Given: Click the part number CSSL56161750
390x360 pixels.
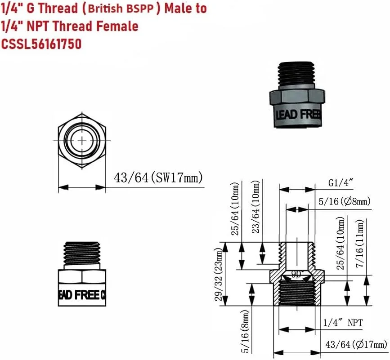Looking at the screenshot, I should tap(42, 44).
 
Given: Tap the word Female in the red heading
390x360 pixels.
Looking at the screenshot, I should tap(117, 27).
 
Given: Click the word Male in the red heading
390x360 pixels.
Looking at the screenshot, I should tap(177, 9).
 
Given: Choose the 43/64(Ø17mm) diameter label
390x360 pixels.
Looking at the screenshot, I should tap(355, 345).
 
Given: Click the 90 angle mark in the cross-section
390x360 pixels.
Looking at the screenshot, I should tap(296, 274).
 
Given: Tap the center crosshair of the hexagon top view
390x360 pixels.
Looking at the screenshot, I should tap(82, 141).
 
